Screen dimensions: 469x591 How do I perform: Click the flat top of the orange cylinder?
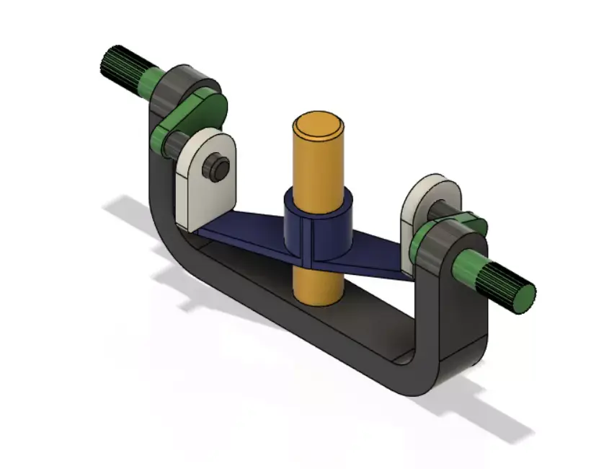[318, 124]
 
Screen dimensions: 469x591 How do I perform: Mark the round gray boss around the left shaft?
[181, 84]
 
